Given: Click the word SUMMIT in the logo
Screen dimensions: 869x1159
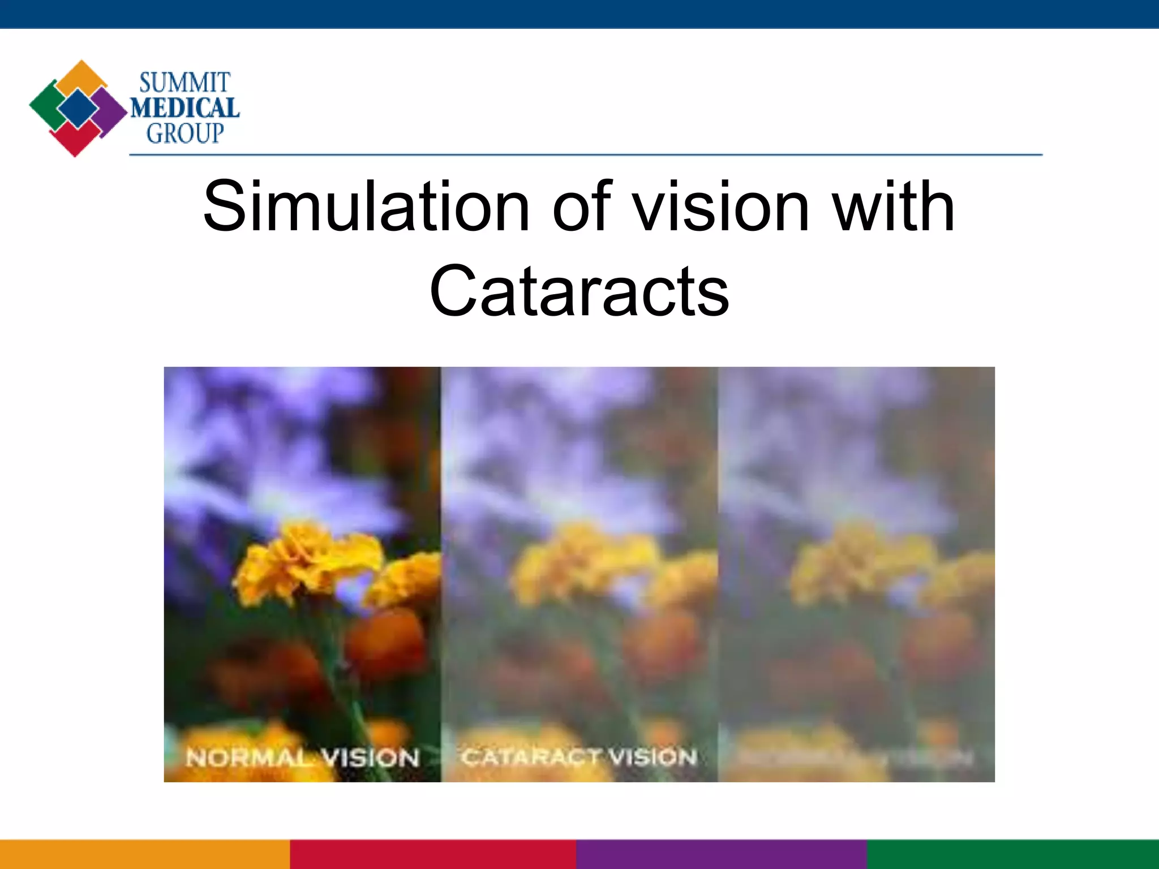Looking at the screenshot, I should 184,83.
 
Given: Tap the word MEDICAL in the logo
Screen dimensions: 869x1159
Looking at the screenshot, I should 185,108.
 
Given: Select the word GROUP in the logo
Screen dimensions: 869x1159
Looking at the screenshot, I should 185,134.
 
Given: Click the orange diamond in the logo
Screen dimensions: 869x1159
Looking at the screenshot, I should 81,76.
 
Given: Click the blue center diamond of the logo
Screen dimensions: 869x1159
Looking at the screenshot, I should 78,108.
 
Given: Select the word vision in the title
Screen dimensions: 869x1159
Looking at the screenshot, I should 721,207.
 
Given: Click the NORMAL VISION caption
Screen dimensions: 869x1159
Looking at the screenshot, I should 303,758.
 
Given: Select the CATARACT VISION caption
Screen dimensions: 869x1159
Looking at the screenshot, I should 579,757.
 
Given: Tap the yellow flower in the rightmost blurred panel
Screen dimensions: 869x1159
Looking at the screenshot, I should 860,560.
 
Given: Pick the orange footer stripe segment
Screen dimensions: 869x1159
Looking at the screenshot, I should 145,854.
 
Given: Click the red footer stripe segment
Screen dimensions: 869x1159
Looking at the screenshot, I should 433,854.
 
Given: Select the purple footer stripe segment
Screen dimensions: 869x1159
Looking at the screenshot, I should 722,854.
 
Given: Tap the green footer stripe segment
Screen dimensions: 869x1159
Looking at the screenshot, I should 1013,854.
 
